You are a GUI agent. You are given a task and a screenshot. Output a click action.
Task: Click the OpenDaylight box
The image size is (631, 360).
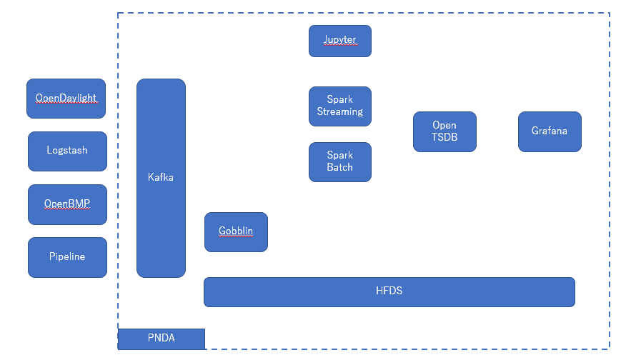[x=66, y=99]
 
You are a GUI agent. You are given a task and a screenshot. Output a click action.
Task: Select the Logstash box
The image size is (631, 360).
[x=67, y=151]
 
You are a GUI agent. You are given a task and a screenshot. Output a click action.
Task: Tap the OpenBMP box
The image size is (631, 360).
[x=67, y=204]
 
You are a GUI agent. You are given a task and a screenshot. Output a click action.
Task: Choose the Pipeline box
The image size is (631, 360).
[x=67, y=257]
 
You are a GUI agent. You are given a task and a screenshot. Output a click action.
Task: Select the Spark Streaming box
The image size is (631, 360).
[x=339, y=106]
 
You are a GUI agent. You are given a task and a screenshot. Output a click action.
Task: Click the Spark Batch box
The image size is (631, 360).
[x=339, y=162]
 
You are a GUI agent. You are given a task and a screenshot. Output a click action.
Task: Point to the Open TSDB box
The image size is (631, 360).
[x=444, y=132]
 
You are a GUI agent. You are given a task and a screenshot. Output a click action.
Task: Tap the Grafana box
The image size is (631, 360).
[x=550, y=131]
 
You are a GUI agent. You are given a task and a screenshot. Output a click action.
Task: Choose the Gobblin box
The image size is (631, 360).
[x=236, y=232]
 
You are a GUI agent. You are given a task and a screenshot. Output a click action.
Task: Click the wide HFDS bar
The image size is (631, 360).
[x=389, y=292]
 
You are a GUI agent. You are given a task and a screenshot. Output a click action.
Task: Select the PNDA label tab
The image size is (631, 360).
[x=162, y=339]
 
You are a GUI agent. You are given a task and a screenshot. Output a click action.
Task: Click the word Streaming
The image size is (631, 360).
[x=339, y=112]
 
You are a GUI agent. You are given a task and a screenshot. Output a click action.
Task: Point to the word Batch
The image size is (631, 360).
[x=339, y=168]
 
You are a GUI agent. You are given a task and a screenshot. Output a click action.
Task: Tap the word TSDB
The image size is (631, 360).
[x=444, y=138]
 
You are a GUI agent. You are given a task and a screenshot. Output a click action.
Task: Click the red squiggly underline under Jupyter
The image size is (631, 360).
[x=339, y=45]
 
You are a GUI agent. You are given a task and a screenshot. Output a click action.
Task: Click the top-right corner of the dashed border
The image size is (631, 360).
[x=609, y=13]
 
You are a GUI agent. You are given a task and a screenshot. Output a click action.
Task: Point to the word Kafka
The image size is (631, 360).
[x=161, y=177]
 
